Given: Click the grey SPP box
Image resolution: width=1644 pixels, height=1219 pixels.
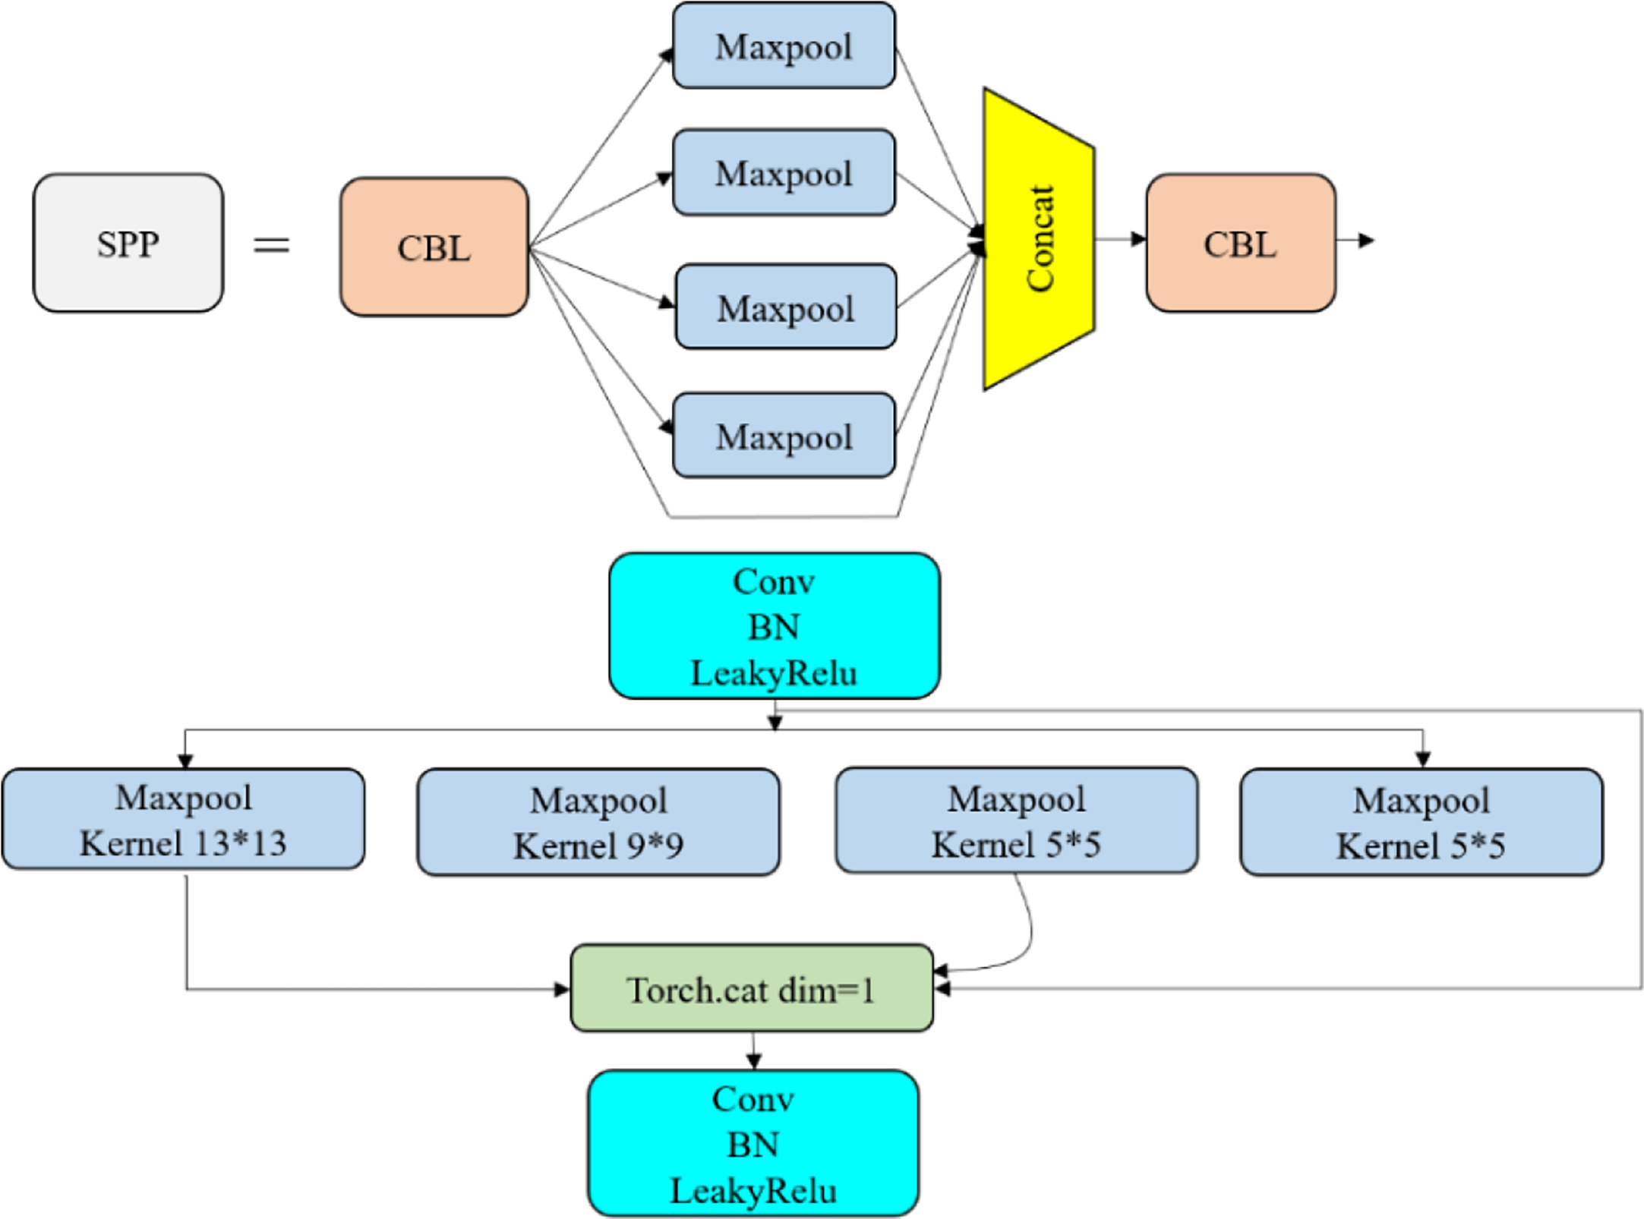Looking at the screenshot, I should (128, 243).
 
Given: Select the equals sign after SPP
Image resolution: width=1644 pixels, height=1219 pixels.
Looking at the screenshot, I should (271, 244).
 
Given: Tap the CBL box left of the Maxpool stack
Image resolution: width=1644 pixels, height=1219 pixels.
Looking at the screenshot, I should (434, 247).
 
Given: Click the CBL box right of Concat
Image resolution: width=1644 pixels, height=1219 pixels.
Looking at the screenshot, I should (1240, 243).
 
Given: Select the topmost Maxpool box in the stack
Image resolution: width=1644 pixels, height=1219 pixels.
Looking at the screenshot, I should (784, 46).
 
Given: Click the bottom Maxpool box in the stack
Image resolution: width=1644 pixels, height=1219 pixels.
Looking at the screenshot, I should (784, 436).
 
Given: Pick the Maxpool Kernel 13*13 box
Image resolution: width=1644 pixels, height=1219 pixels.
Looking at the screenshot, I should (183, 820).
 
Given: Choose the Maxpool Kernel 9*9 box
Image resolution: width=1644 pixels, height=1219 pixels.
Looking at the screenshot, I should (598, 822).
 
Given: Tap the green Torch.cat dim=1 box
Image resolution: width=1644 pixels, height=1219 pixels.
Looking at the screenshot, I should (751, 989).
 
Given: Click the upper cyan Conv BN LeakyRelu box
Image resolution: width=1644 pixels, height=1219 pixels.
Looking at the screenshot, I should (774, 626).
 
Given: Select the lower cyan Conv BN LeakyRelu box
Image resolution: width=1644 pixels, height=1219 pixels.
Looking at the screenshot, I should (753, 1144).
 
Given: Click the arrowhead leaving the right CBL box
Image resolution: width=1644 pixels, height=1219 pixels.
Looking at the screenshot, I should (1367, 241).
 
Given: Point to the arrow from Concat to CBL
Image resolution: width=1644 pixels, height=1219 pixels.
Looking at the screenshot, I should (1121, 239).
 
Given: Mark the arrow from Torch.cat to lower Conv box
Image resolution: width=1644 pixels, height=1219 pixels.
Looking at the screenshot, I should (753, 1051).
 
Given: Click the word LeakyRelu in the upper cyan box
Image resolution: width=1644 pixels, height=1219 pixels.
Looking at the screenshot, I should (773, 673).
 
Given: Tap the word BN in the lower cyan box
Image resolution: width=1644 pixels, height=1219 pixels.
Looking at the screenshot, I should (753, 1145).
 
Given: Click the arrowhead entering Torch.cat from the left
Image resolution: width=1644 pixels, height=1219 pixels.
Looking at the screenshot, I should (562, 989).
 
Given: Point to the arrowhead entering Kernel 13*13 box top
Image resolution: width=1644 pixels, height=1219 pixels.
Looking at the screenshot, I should (185, 761).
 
